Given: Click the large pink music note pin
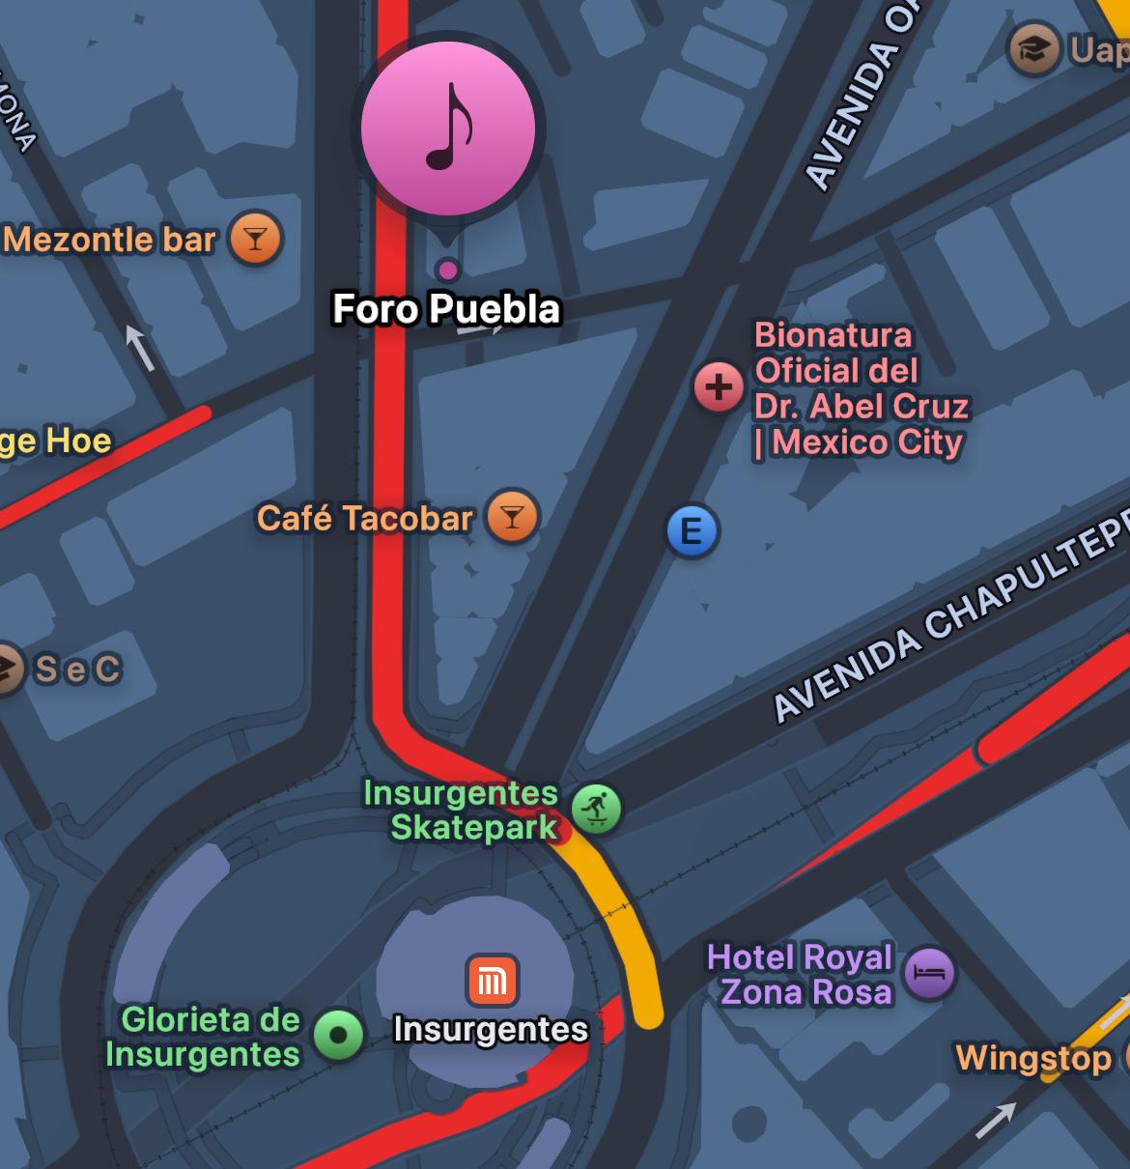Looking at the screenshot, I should click(x=448, y=128).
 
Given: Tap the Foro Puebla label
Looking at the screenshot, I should click(x=446, y=309).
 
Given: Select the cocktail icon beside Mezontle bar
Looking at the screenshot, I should click(x=255, y=239).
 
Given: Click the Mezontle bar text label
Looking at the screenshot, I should click(x=109, y=240).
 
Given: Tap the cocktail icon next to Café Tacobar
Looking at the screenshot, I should click(x=512, y=518).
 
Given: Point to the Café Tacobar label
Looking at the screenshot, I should click(x=365, y=519).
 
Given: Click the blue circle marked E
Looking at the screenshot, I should click(x=692, y=531).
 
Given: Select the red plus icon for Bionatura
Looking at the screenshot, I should click(x=719, y=387).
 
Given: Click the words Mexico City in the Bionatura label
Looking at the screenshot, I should click(x=867, y=442).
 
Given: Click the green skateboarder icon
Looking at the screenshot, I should click(x=596, y=809).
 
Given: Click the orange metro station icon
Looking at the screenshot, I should click(x=493, y=981).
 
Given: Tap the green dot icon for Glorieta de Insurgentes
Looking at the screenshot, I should click(x=338, y=1036).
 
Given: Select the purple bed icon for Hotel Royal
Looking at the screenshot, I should click(x=929, y=973).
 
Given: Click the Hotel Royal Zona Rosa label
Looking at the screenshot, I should click(x=802, y=974).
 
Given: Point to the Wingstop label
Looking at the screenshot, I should click(x=1032, y=1059).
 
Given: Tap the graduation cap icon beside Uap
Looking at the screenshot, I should click(x=1033, y=48).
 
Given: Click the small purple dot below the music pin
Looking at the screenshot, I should click(x=447, y=269).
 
